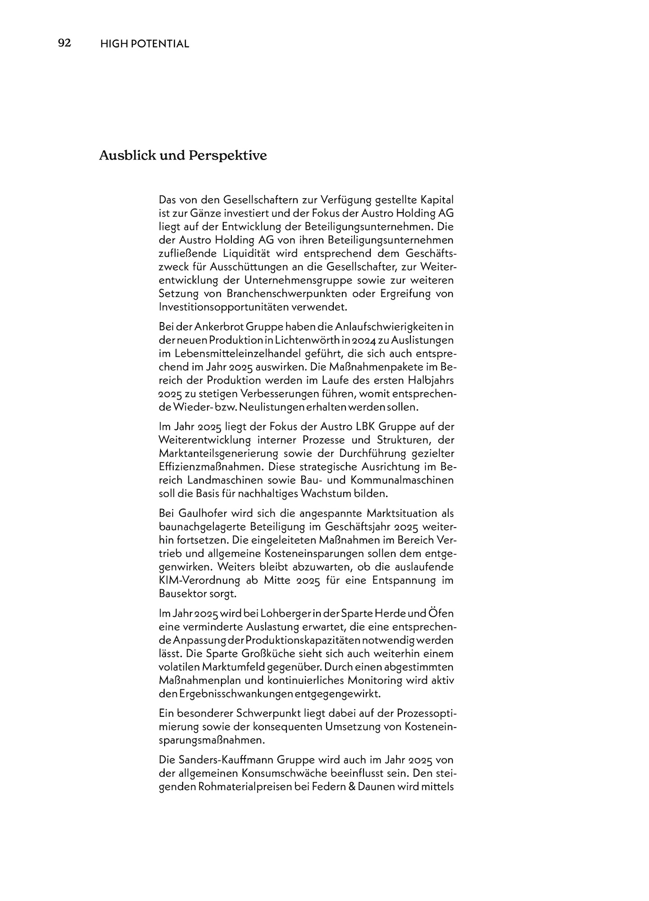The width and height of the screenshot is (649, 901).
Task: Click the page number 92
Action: click(64, 43)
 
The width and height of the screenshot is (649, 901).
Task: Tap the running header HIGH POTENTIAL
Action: click(144, 44)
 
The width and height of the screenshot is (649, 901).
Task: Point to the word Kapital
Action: click(437, 200)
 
